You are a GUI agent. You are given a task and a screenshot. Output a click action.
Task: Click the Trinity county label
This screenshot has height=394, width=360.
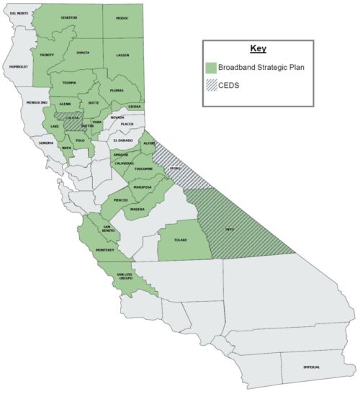[47, 55]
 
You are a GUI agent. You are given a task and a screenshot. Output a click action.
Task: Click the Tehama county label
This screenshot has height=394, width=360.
[68, 82]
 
